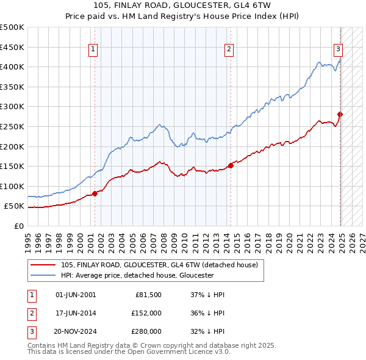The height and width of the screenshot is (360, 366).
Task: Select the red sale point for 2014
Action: tap(231, 165)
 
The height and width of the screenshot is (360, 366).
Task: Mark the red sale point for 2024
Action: tap(340, 114)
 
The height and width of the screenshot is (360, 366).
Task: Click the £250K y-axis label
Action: tap(12, 126)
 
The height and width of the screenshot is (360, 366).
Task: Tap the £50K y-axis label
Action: tap(15, 206)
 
